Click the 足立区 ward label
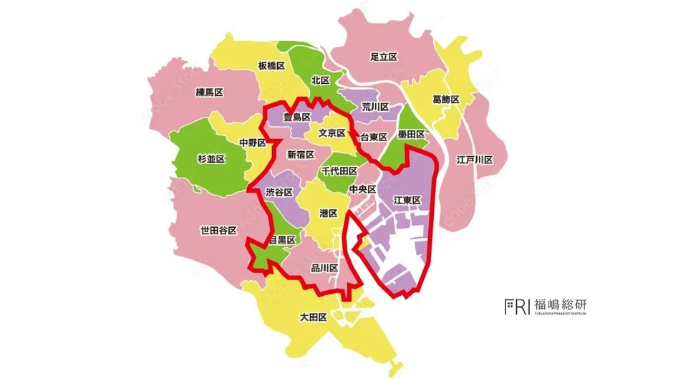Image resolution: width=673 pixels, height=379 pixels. click(384, 57)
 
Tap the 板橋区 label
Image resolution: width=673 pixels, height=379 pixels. click(271, 65)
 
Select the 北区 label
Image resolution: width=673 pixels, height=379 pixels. click(320, 80)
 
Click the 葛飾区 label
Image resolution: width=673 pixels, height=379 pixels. click(446, 99)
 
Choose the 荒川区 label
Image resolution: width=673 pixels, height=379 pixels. click(375, 107)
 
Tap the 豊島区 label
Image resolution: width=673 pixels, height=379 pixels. click(296, 116)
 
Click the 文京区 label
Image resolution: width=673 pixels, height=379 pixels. click(332, 133)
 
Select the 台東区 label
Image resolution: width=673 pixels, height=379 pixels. click(374, 137)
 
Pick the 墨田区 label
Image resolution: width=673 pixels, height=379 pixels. click(412, 134)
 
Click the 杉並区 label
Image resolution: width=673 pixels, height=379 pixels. click(211, 158)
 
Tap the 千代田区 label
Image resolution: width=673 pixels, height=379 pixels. click(339, 171)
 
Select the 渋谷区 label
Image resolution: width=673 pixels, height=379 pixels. click(279, 192)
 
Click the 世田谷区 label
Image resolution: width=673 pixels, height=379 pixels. click(218, 230)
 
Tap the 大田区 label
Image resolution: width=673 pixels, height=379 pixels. click(313, 317)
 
